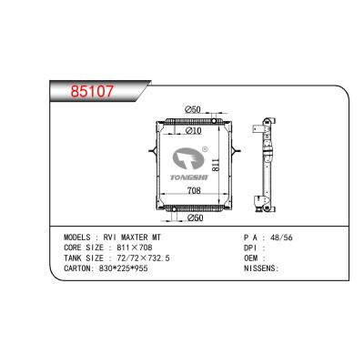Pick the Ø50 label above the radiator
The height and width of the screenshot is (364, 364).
(x=194, y=111)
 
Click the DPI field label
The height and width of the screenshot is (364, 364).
(x=251, y=246)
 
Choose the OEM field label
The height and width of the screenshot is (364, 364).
(x=251, y=258)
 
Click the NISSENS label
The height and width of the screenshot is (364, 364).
(x=258, y=269)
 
